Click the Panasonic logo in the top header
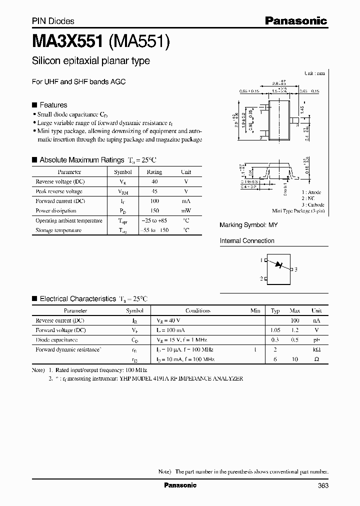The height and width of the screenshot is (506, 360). click(295, 20)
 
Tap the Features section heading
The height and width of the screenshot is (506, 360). click(53, 105)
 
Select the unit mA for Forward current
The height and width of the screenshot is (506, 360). click(185, 201)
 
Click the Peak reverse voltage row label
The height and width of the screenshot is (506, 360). click(59, 191)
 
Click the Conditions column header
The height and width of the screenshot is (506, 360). click(197, 310)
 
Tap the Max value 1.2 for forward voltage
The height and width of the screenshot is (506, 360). click(294, 330)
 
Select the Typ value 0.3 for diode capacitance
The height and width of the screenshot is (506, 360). click(275, 339)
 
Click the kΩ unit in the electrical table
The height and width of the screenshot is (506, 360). click(316, 349)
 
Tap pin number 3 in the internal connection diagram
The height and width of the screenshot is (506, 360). click(296, 269)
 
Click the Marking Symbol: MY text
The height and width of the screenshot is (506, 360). click(248, 225)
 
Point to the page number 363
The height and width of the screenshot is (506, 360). click(322, 485)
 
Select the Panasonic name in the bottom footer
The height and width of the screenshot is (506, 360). click(180, 485)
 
